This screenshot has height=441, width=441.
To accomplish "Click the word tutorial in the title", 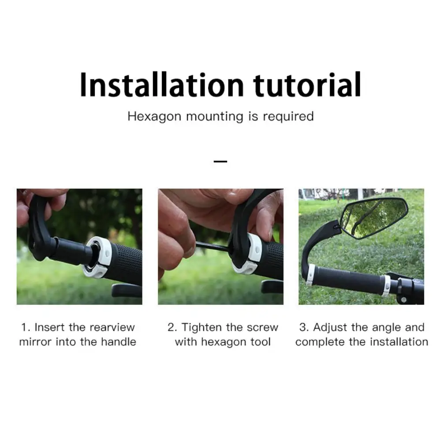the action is tap(307, 84).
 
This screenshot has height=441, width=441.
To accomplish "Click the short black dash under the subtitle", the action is tap(220, 161).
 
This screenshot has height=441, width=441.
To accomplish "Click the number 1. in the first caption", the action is tap(26, 327).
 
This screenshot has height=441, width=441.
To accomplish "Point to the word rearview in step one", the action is tap(112, 327).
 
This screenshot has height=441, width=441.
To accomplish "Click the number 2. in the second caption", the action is tap(172, 327).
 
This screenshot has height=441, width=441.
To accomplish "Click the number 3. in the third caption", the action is tap(304, 327).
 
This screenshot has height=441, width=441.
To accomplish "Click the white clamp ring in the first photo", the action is tap(97, 257).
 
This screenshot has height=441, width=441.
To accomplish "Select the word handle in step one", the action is tap(118, 342).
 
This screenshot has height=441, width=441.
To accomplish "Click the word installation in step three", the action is tap(399, 342).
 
